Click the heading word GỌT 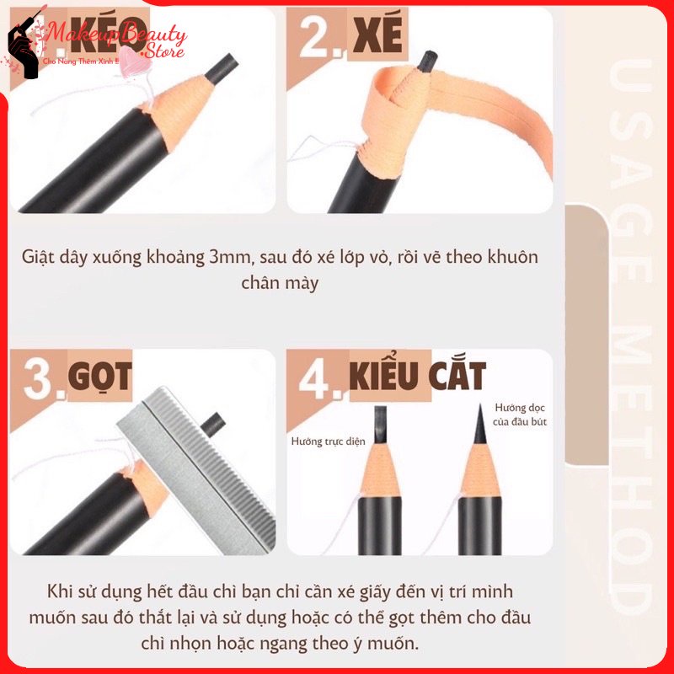[x=99, y=379]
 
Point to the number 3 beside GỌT [x=39, y=380]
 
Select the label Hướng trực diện [x=328, y=441]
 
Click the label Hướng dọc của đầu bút [x=521, y=414]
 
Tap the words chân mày [x=280, y=283]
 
